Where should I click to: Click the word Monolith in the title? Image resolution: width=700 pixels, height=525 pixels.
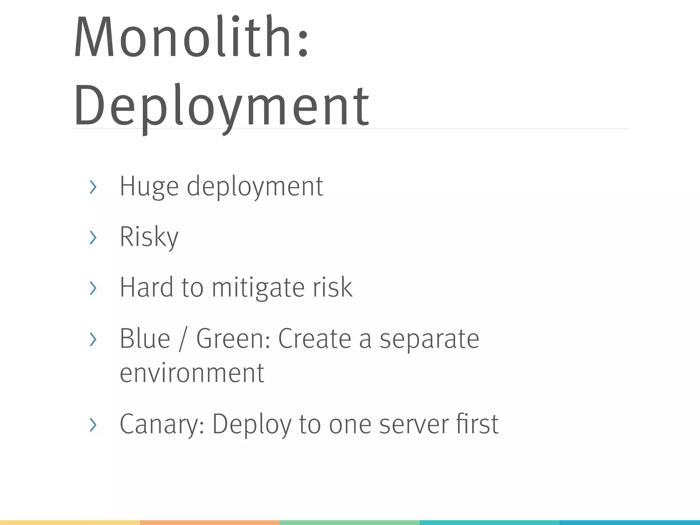(185, 37)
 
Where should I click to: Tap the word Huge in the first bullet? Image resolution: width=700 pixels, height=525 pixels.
(149, 187)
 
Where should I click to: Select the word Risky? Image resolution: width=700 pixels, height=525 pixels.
(149, 237)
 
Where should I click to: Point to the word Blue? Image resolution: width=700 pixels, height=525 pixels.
(145, 339)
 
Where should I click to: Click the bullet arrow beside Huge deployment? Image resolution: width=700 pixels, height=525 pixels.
(93, 187)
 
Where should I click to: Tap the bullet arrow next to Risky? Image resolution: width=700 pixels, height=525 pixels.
(93, 238)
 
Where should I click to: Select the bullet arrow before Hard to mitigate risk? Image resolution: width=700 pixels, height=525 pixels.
(93, 288)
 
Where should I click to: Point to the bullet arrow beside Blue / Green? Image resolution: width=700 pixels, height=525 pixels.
(93, 339)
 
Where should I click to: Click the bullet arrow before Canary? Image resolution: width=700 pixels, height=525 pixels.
(93, 425)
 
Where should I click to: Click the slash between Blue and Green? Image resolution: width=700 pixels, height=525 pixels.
(183, 339)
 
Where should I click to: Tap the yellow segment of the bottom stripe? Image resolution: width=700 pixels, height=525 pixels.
(70, 523)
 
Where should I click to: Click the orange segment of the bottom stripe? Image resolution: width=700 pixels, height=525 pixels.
(210, 523)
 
